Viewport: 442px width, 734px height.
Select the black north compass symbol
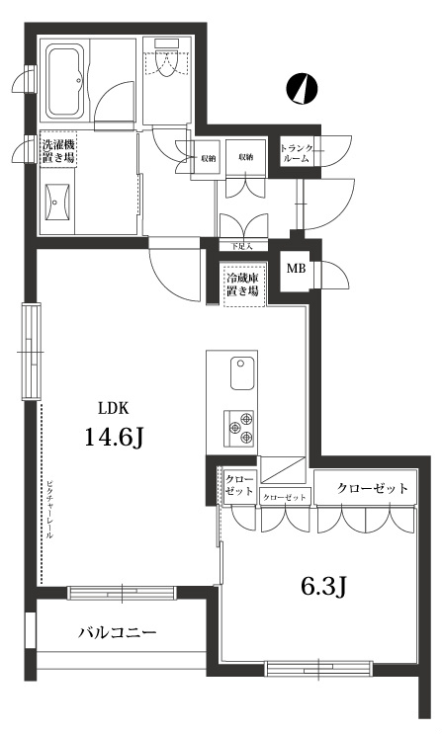click(x=302, y=89)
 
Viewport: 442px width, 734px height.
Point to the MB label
click(x=296, y=268)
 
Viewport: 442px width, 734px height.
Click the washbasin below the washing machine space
click(x=57, y=204)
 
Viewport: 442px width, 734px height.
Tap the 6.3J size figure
click(x=322, y=588)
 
